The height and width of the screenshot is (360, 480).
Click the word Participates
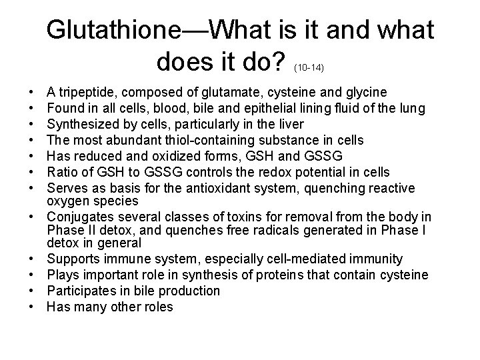79,291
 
